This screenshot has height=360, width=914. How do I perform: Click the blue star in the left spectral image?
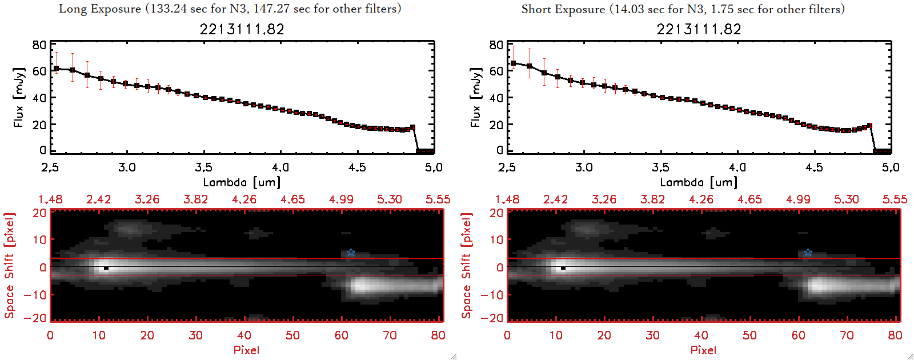(351, 253)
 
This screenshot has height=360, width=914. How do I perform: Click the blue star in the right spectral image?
(808, 253)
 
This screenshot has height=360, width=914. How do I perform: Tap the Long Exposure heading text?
(230, 9)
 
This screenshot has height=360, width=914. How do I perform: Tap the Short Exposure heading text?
(683, 9)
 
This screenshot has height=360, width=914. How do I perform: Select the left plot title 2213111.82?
(242, 29)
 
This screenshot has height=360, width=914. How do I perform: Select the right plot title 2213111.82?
(699, 29)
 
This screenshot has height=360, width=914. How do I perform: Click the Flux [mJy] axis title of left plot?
(19, 97)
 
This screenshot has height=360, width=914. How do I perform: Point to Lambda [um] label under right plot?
(699, 182)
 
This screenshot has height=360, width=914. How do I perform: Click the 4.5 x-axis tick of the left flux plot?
(357, 167)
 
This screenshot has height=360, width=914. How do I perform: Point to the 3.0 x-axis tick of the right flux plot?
(584, 167)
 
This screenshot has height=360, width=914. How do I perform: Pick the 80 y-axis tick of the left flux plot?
(39, 45)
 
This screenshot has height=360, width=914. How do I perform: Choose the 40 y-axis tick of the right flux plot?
(496, 98)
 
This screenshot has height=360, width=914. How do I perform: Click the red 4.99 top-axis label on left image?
(341, 199)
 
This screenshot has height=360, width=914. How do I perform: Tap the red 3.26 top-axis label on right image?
(604, 199)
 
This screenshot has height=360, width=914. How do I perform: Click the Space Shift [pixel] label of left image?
(9, 266)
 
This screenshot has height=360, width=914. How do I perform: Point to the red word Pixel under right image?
(703, 350)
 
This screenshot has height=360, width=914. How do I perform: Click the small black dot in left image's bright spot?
(106, 268)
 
